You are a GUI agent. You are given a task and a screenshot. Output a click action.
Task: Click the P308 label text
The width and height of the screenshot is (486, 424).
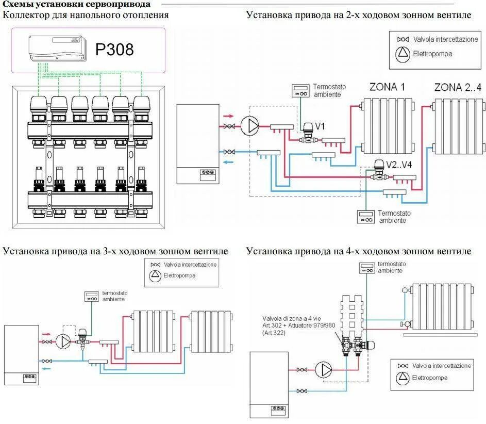click(x=114, y=50)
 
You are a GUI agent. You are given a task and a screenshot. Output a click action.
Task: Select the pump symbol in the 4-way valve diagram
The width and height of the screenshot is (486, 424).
click(x=325, y=369)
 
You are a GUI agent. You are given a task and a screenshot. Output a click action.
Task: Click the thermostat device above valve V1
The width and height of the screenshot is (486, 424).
click(x=299, y=91)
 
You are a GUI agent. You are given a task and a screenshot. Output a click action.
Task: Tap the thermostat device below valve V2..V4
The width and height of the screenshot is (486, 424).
click(x=366, y=217)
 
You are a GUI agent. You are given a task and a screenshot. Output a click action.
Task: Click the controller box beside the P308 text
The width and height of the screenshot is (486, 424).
click(x=57, y=50)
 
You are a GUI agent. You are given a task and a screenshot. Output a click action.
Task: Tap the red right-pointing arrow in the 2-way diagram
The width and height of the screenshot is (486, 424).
click(x=228, y=117)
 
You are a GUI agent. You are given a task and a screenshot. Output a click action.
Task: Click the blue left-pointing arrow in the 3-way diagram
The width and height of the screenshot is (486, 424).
click(x=46, y=369)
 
